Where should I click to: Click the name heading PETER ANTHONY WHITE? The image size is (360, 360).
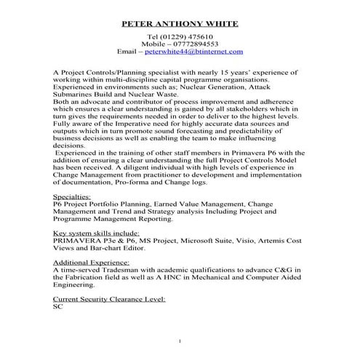[180, 23]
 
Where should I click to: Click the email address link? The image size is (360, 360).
[194, 52]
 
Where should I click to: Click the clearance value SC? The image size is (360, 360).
[59, 306]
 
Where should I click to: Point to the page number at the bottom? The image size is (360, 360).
[180, 341]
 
